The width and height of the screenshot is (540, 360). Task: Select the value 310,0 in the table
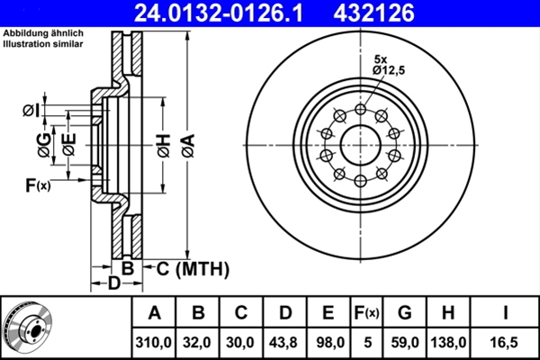(x=154, y=343)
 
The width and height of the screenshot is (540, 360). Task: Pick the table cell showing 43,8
(x=284, y=343)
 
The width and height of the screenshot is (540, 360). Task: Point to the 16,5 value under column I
(x=507, y=343)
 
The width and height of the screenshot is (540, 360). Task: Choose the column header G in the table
(x=405, y=313)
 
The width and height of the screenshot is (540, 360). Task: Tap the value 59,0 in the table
(x=405, y=343)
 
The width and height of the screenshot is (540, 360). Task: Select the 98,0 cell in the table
(x=328, y=343)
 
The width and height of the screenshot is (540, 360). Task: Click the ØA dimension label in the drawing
(x=186, y=143)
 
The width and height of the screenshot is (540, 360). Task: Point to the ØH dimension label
(x=162, y=143)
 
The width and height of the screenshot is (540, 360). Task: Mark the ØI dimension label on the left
(x=30, y=110)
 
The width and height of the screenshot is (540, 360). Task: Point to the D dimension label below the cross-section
(x=113, y=284)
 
